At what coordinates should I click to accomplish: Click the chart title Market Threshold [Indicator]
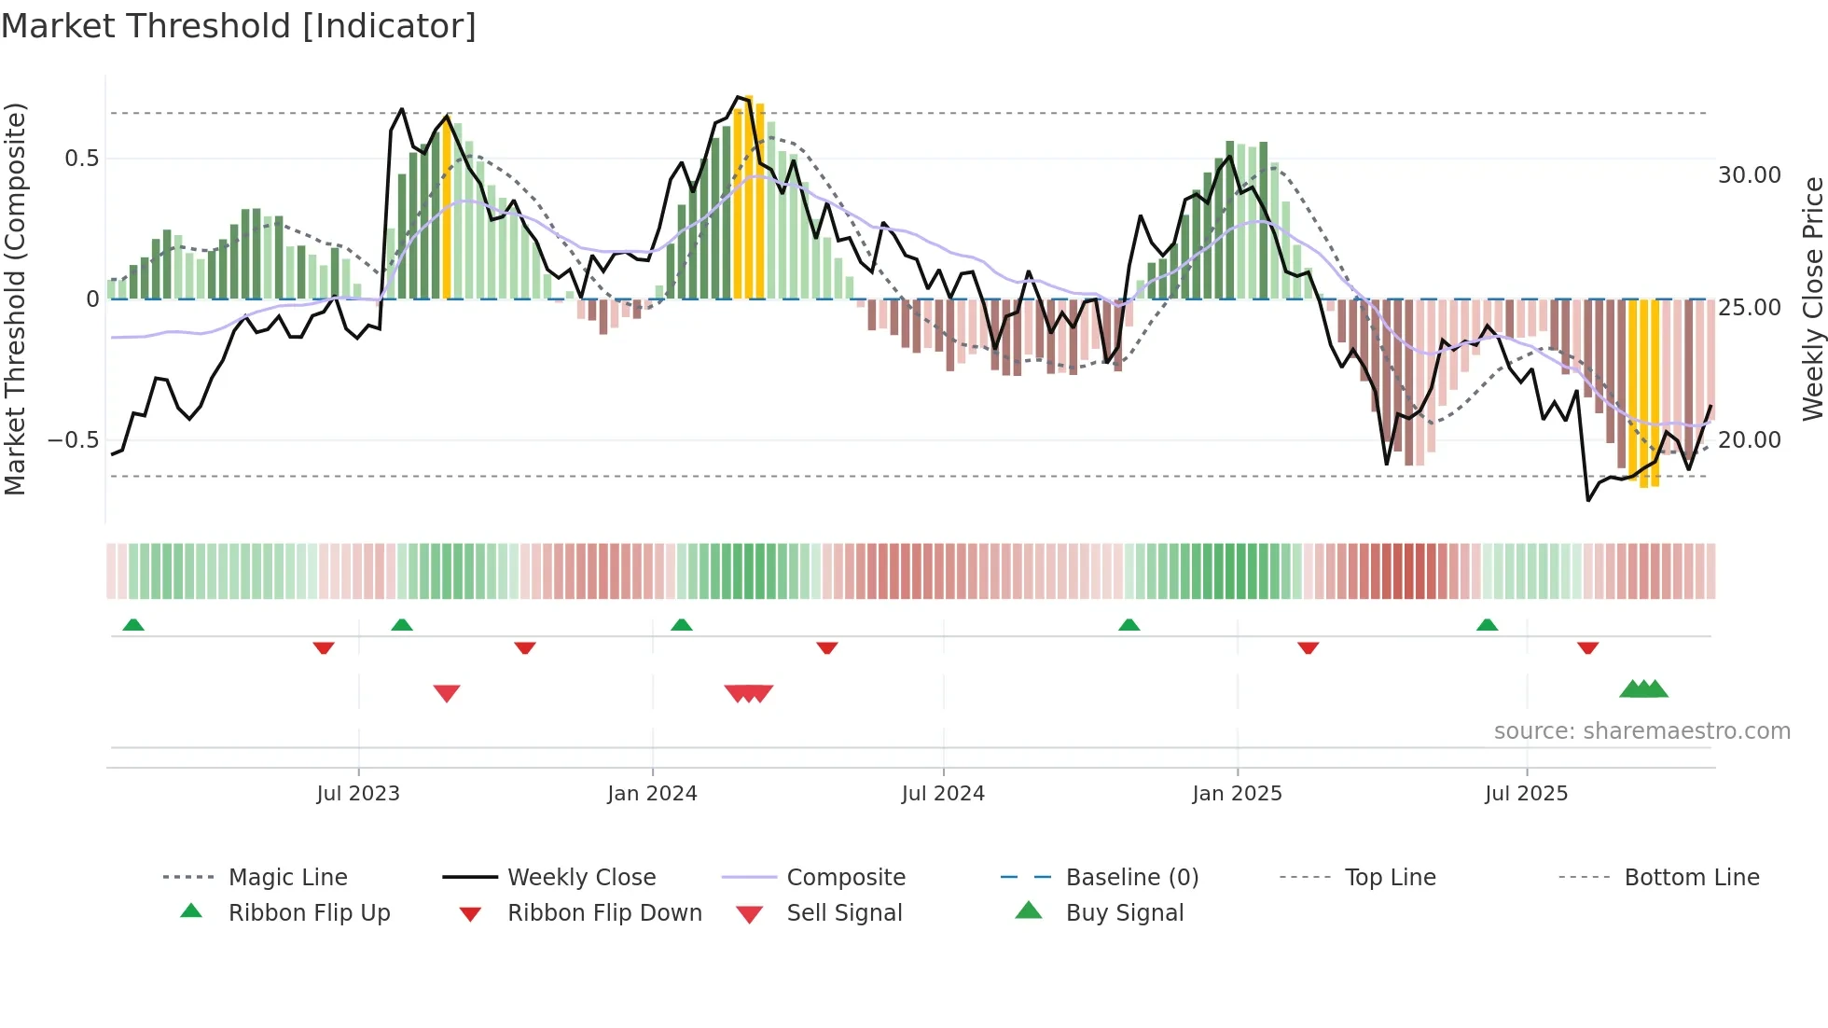(x=239, y=26)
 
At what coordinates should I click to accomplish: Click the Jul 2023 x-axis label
(x=358, y=794)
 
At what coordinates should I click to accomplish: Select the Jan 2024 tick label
(x=652, y=794)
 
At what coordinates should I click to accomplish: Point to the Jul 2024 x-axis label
(x=943, y=794)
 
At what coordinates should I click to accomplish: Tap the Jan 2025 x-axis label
(x=1237, y=794)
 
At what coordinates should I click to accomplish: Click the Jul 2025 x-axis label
(x=1526, y=794)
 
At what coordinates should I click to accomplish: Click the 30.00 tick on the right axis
(x=1749, y=175)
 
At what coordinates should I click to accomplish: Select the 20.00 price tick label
(x=1749, y=440)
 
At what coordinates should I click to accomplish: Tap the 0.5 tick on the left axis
(x=81, y=159)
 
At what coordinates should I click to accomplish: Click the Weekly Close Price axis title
(x=1812, y=299)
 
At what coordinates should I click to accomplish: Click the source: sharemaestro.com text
(x=1641, y=731)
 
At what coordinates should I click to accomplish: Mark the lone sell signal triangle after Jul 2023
(x=447, y=693)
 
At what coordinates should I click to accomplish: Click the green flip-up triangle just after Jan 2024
(x=682, y=625)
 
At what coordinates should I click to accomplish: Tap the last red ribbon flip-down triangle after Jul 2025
(x=1588, y=647)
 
